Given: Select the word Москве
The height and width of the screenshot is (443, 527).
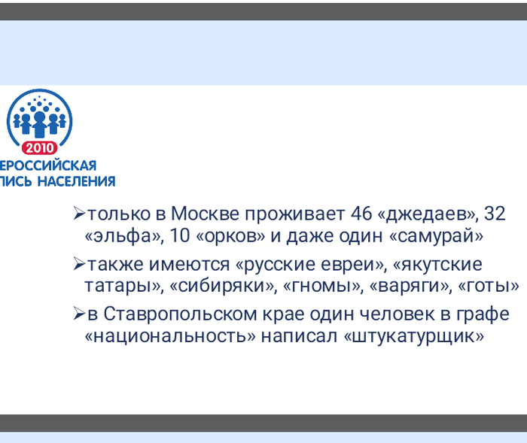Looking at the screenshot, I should coord(215,214).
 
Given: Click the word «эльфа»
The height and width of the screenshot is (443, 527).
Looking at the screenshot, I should coord(124,235).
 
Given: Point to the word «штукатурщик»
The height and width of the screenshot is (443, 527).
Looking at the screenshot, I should coord(413,335).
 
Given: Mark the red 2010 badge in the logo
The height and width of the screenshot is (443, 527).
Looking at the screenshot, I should coord(39,147).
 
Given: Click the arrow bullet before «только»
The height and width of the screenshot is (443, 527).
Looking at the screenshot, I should coord(79,214).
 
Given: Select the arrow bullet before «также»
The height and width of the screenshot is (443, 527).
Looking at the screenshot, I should coord(79,265).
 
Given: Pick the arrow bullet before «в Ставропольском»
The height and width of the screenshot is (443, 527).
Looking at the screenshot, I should coord(79,314).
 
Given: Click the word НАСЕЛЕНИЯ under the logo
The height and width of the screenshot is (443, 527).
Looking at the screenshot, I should coord(79,181).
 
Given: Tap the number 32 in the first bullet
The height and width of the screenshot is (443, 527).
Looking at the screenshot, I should coord(495,214).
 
